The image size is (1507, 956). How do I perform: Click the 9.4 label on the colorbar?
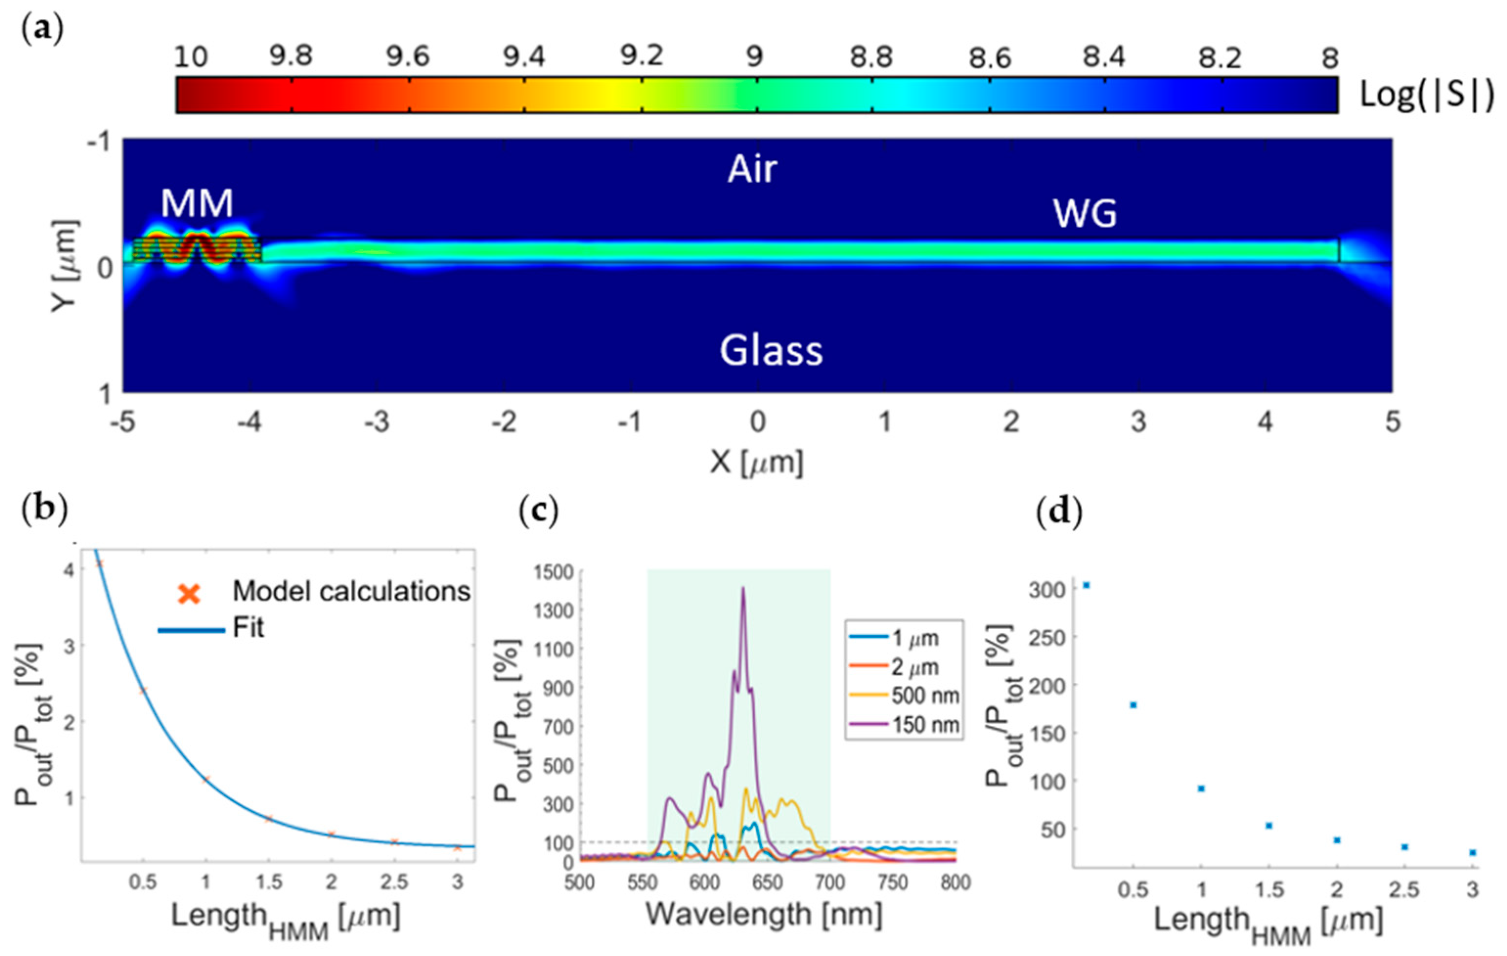(x=525, y=58)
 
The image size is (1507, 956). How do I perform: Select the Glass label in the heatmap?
(x=771, y=350)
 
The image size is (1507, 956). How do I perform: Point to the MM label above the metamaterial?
(x=197, y=203)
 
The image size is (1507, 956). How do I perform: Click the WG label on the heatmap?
(x=1085, y=215)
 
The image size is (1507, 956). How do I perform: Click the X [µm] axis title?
(x=756, y=463)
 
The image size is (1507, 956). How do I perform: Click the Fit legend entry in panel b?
(x=248, y=628)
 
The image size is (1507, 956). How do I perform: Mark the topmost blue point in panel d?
(x=1086, y=586)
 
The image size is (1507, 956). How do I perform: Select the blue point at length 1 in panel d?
(x=1201, y=788)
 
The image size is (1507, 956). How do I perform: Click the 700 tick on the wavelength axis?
(x=830, y=882)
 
